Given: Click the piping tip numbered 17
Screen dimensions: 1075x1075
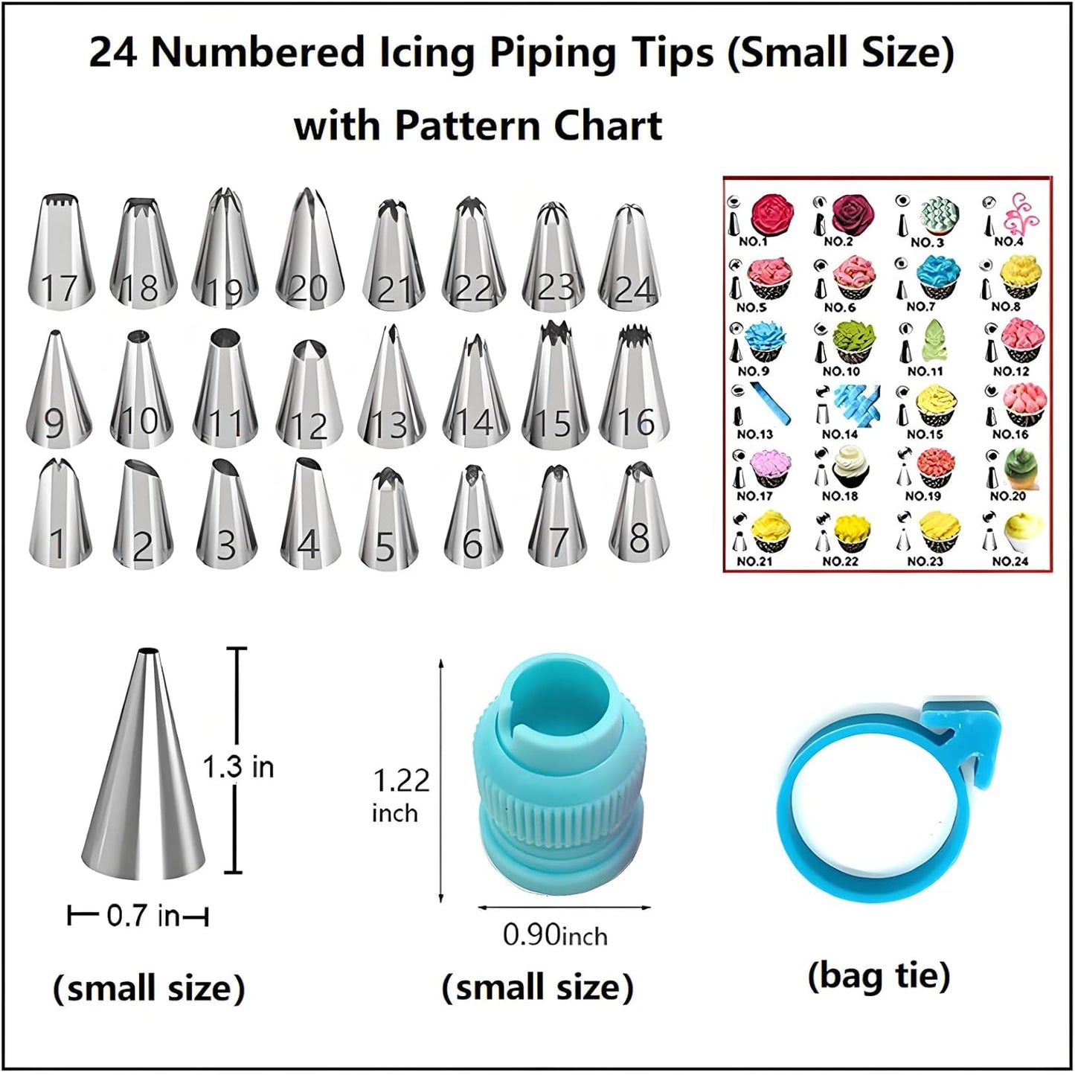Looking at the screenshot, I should pyautogui.click(x=61, y=253).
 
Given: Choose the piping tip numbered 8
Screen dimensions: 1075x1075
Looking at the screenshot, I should pyautogui.click(x=638, y=513).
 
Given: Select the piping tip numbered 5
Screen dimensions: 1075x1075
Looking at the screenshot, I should pyautogui.click(x=385, y=521).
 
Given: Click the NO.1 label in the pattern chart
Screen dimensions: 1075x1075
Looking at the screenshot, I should pyautogui.click(x=753, y=242).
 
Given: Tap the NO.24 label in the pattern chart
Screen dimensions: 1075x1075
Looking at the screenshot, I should pyautogui.click(x=1010, y=561).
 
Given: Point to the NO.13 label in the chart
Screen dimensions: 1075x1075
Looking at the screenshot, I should pyautogui.click(x=754, y=434).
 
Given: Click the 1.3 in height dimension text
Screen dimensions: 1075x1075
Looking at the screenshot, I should pyautogui.click(x=239, y=766).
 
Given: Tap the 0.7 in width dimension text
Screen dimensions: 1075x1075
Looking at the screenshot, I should pyautogui.click(x=143, y=916).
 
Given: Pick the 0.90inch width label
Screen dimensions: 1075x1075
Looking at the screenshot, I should pyautogui.click(x=555, y=935).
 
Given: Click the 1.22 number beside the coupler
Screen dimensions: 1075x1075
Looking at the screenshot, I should pyautogui.click(x=401, y=780).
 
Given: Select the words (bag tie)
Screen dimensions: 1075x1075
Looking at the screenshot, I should pyautogui.click(x=879, y=975).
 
